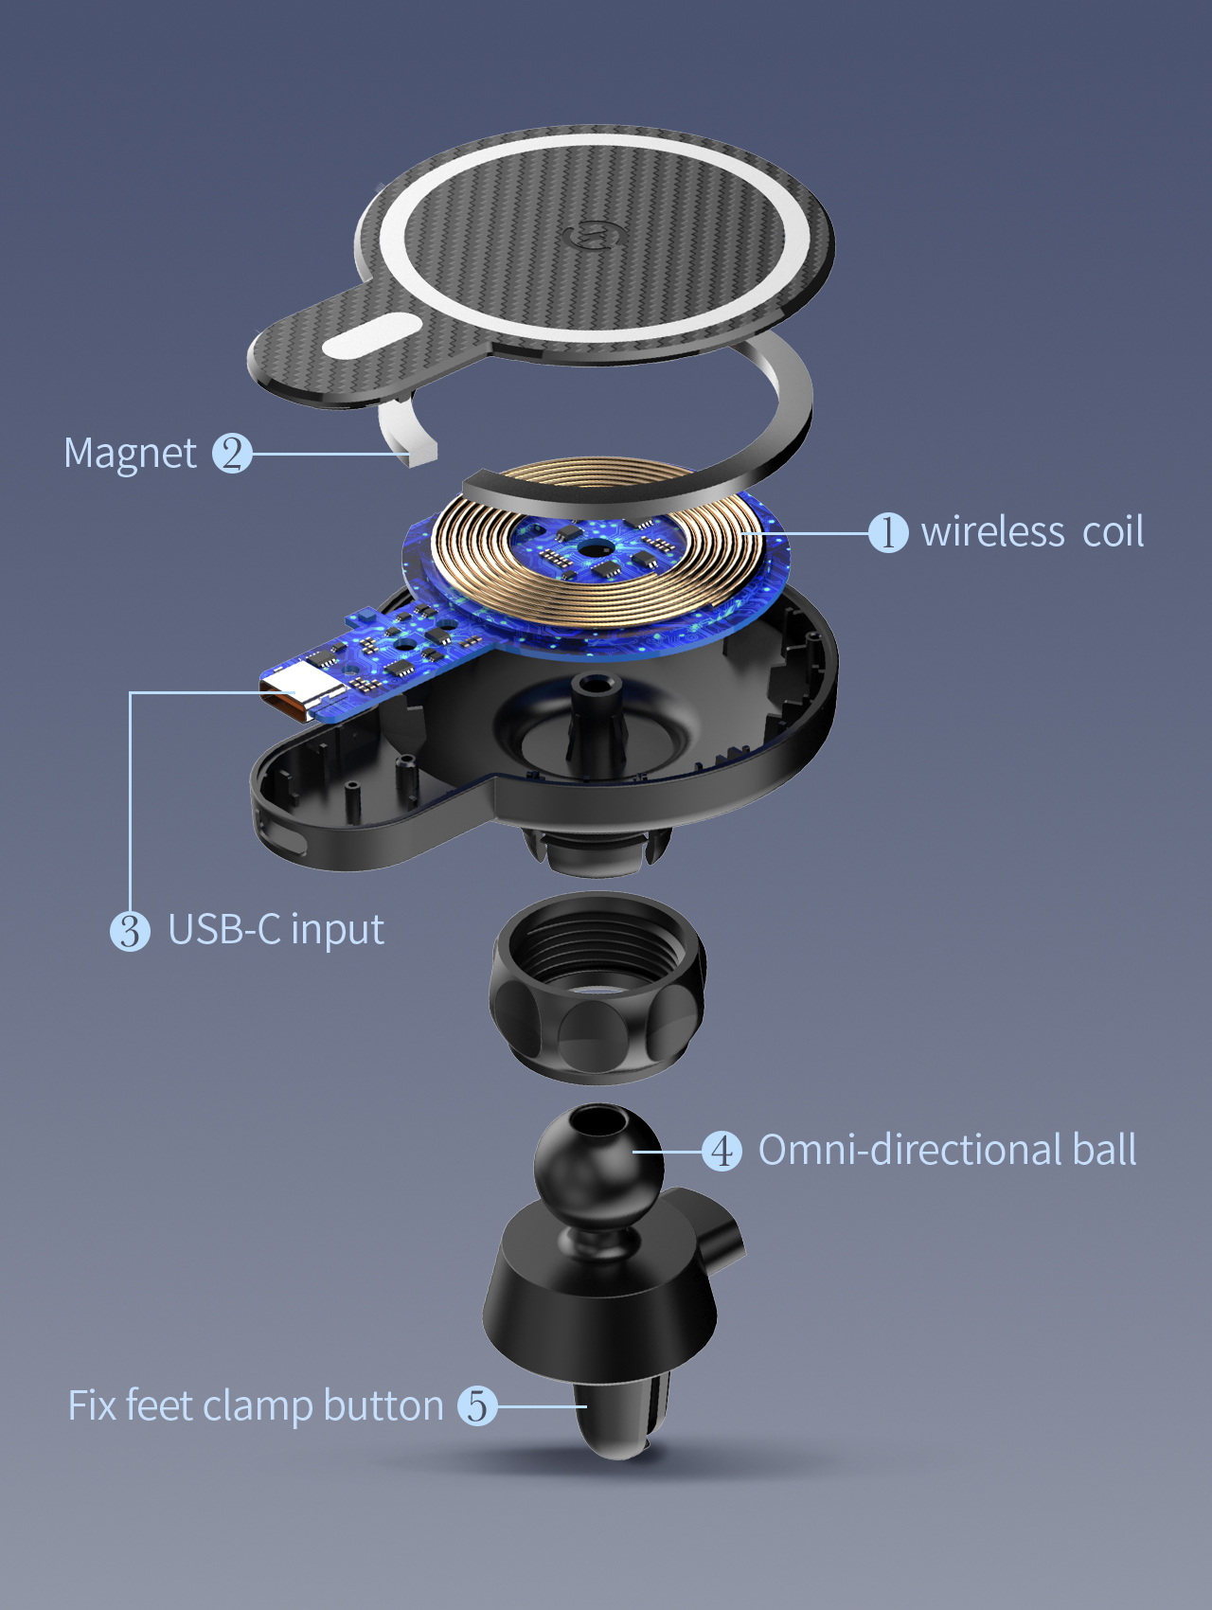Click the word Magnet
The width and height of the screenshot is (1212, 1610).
[130, 454]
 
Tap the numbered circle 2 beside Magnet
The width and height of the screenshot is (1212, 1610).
[232, 453]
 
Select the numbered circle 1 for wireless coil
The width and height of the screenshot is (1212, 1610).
[888, 532]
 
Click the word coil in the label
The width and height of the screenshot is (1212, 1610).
[1113, 531]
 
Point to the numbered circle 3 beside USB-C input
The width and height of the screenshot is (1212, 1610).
[130, 931]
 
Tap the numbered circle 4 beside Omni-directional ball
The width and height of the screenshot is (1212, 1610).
[722, 1151]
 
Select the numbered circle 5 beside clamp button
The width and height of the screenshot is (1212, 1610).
[477, 1405]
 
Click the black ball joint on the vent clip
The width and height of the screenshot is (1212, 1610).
[597, 1162]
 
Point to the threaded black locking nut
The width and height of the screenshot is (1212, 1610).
[597, 988]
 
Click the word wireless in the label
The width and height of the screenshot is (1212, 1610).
[993, 531]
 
